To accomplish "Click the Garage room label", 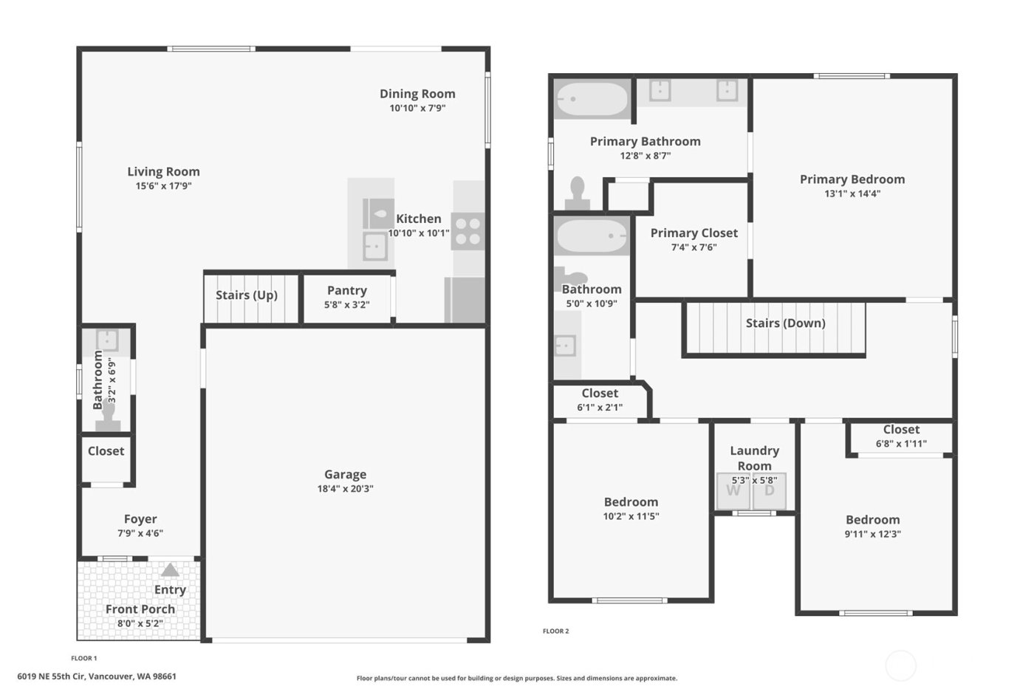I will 345,475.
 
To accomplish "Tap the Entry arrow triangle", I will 170,570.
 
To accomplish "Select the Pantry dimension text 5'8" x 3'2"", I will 346,305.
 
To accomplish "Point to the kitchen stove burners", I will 468,230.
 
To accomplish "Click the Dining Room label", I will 417,94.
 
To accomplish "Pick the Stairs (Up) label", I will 247,295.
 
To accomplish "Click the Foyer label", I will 140,519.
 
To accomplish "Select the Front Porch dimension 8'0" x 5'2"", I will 140,623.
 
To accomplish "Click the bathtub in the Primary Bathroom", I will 592,99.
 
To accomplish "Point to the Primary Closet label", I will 694,233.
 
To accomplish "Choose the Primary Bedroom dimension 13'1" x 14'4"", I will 852,194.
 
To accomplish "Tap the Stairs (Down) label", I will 785,323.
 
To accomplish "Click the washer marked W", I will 733,491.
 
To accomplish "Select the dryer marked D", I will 770,491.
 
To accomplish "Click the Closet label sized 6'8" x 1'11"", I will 901,430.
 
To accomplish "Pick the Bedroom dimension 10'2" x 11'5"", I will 631,517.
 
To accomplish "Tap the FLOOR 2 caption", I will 555,631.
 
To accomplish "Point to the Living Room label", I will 163,172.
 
